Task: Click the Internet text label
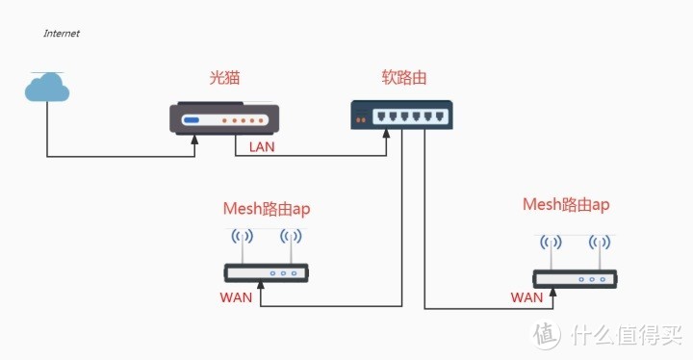[62, 33]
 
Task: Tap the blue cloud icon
[47, 89]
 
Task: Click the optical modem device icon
[224, 118]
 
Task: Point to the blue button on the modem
[192, 120]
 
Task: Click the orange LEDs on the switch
[362, 120]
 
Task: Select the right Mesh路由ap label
[566, 204]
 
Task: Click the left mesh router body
[266, 273]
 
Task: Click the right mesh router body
[576, 278]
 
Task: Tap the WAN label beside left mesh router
[236, 297]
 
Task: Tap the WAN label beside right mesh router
[526, 297]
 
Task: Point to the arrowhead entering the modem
[194, 141]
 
